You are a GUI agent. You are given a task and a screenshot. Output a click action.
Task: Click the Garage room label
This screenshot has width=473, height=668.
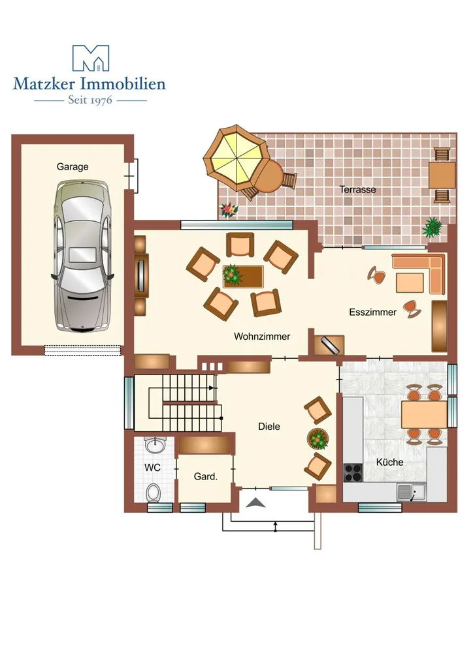coord(73,166)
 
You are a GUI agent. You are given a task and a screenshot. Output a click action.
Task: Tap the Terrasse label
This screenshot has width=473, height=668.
coord(357,190)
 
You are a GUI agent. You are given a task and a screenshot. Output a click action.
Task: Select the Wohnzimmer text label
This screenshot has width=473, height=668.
coord(262,337)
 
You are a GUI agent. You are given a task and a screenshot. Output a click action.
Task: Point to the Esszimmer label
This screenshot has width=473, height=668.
coord(373,312)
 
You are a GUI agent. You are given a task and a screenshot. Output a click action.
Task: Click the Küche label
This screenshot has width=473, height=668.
coord(389,463)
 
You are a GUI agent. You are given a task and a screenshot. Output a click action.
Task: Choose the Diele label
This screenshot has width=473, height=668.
coord(269,427)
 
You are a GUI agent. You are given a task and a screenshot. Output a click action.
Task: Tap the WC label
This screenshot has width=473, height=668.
coord(152,468)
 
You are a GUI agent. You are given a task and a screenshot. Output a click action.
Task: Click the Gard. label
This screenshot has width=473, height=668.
coord(206,477)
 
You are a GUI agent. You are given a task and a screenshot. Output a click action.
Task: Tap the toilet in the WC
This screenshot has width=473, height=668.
coord(154,493)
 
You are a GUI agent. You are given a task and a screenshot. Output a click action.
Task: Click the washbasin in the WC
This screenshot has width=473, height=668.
coord(154,445)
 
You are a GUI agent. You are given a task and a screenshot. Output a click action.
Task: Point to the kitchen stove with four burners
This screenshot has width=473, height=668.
coord(353,473)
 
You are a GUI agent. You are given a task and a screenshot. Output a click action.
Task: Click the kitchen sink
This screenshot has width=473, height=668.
coord(412,493)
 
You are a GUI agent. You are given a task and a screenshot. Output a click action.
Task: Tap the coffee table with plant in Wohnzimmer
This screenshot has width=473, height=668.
coord(243,277)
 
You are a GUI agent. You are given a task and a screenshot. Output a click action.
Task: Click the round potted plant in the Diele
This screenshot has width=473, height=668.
coord(318,439)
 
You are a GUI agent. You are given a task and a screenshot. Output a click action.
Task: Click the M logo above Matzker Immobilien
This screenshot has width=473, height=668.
coord(90,58)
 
